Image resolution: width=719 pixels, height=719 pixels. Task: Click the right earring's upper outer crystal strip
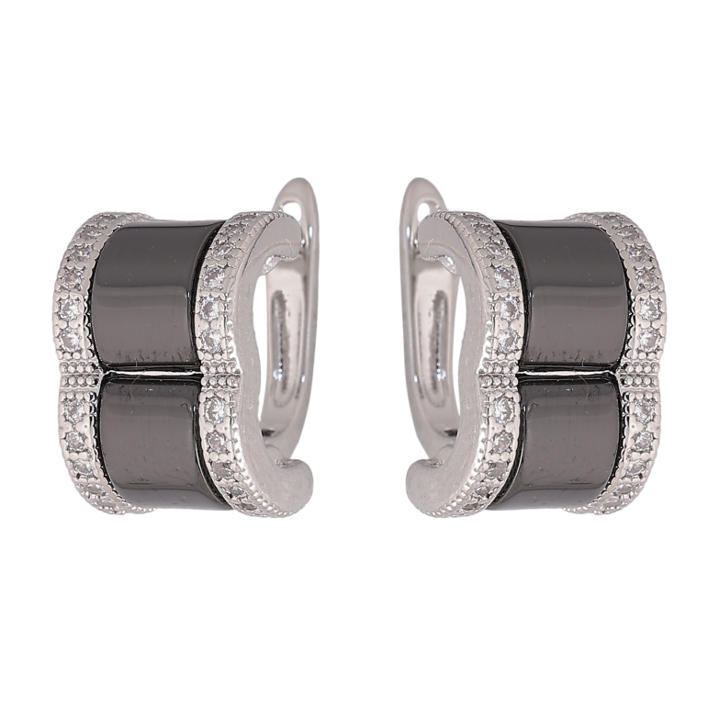[x=643, y=285]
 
